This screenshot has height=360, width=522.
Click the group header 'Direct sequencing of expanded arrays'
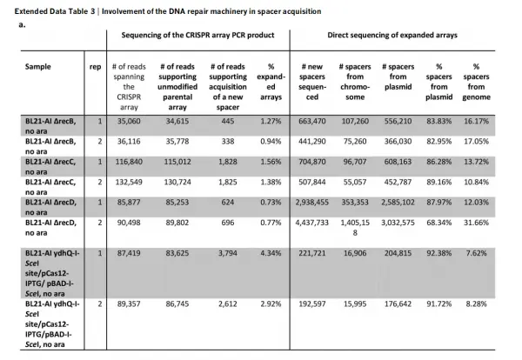403,39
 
